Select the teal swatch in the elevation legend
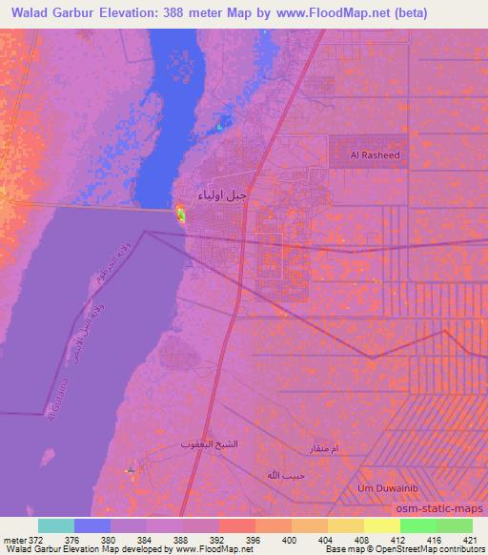click(x=55, y=525)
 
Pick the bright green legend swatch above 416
click(x=417, y=525)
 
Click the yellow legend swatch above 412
click(x=381, y=525)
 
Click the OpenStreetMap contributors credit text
click(x=428, y=549)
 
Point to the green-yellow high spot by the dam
click(x=180, y=216)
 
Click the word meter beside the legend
click(x=16, y=539)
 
